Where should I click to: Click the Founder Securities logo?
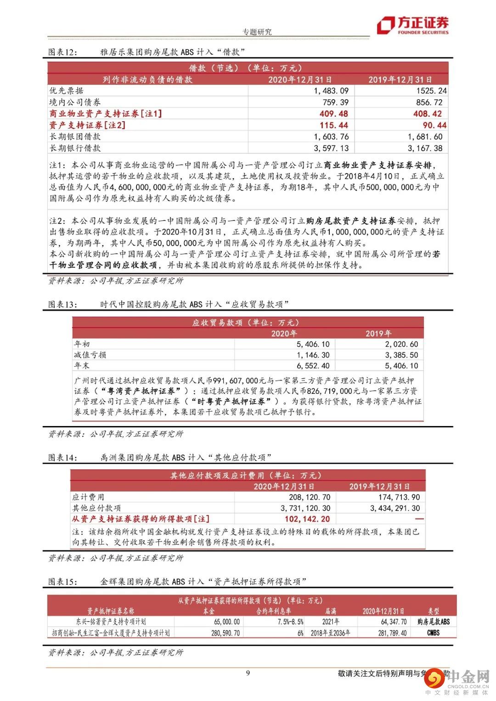(x=413, y=25)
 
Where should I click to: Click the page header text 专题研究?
(x=257, y=32)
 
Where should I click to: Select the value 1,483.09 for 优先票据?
(x=331, y=91)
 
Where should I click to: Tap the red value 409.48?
(x=334, y=114)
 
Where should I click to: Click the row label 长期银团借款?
(x=75, y=137)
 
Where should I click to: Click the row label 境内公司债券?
(x=75, y=102)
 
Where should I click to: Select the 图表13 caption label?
(x=63, y=304)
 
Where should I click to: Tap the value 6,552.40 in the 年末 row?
(x=313, y=366)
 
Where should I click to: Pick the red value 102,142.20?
(x=307, y=519)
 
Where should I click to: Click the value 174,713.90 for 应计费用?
(x=395, y=497)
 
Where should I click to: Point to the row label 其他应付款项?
(x=96, y=508)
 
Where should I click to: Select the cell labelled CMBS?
(x=433, y=633)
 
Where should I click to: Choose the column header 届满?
(x=331, y=611)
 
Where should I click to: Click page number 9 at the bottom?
(x=248, y=673)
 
